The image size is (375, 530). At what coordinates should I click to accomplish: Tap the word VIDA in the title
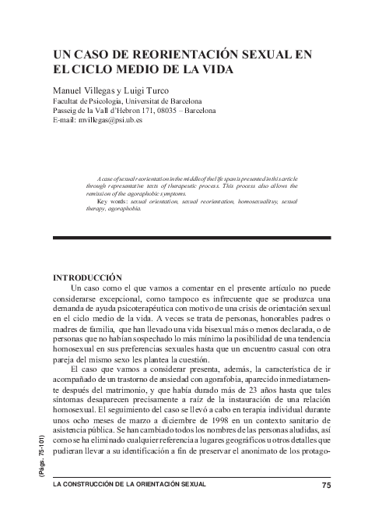pos(216,69)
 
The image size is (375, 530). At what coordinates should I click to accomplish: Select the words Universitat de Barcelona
pos(164,101)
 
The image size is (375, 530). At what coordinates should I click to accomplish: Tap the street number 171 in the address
pos(141,111)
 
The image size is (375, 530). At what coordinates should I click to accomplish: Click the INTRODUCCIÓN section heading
pos(86,277)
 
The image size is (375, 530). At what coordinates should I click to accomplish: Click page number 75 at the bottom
pos(326,486)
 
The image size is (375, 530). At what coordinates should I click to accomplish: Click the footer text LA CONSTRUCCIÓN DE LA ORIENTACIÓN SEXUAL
pos(129,486)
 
